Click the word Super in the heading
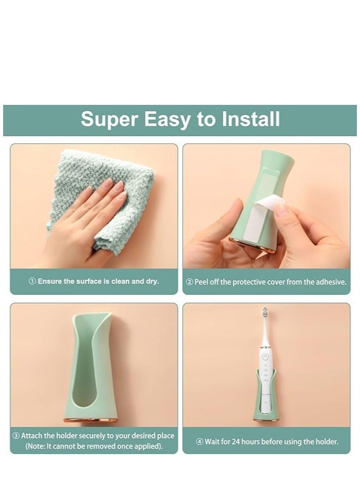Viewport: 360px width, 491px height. tap(110, 119)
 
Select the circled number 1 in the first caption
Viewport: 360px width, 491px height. tap(32, 281)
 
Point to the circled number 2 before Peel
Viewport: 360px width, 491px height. tap(190, 282)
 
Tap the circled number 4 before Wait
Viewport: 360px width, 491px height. tap(200, 442)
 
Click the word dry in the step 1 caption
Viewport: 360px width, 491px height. tap(152, 281)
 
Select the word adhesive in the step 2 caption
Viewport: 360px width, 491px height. tap(331, 282)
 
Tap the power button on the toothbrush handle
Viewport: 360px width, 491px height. tap(265, 356)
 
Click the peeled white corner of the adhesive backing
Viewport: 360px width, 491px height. tap(269, 203)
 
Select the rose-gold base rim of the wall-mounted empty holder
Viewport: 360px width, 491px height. tap(91, 420)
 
